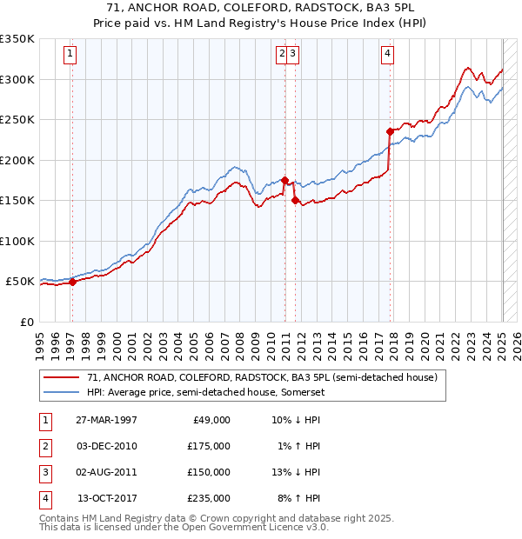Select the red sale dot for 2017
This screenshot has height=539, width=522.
pyautogui.click(x=390, y=132)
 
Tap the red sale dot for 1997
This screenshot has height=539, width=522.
pyautogui.click(x=73, y=282)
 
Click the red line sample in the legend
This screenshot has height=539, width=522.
pyautogui.click(x=62, y=377)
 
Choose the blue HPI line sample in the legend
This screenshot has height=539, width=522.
pyautogui.click(x=62, y=392)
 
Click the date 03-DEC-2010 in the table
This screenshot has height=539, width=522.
pyautogui.click(x=107, y=446)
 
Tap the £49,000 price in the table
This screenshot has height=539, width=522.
pyautogui.click(x=211, y=420)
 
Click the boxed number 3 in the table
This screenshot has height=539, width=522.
pyautogui.click(x=44, y=473)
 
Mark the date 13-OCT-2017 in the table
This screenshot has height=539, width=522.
pyautogui.click(x=107, y=499)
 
